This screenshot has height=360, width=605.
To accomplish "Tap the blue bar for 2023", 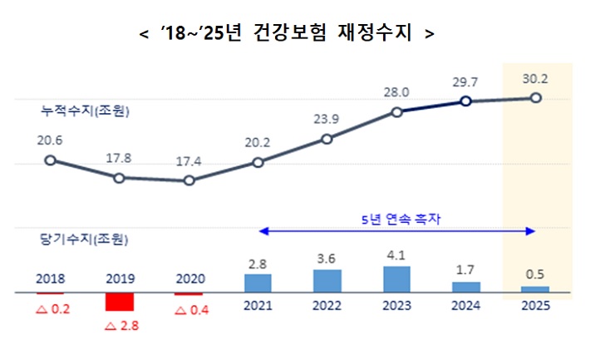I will pyautogui.click(x=396, y=279).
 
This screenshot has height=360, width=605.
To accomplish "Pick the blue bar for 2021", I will pyautogui.click(x=258, y=283).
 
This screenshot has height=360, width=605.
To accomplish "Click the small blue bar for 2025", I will pyautogui.click(x=535, y=289).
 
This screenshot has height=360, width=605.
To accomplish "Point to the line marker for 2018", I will pyautogui.click(x=50, y=160).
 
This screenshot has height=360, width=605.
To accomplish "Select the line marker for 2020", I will pyautogui.click(x=189, y=180).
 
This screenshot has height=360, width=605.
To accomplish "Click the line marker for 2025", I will pyautogui.click(x=535, y=98).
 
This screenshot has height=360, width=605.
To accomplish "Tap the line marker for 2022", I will pyautogui.click(x=327, y=139).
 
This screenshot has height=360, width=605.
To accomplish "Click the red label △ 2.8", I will pyautogui.click(x=121, y=325).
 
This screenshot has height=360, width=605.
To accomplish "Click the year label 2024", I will pyautogui.click(x=465, y=306).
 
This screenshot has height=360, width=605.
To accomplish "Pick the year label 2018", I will pyautogui.click(x=50, y=279).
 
